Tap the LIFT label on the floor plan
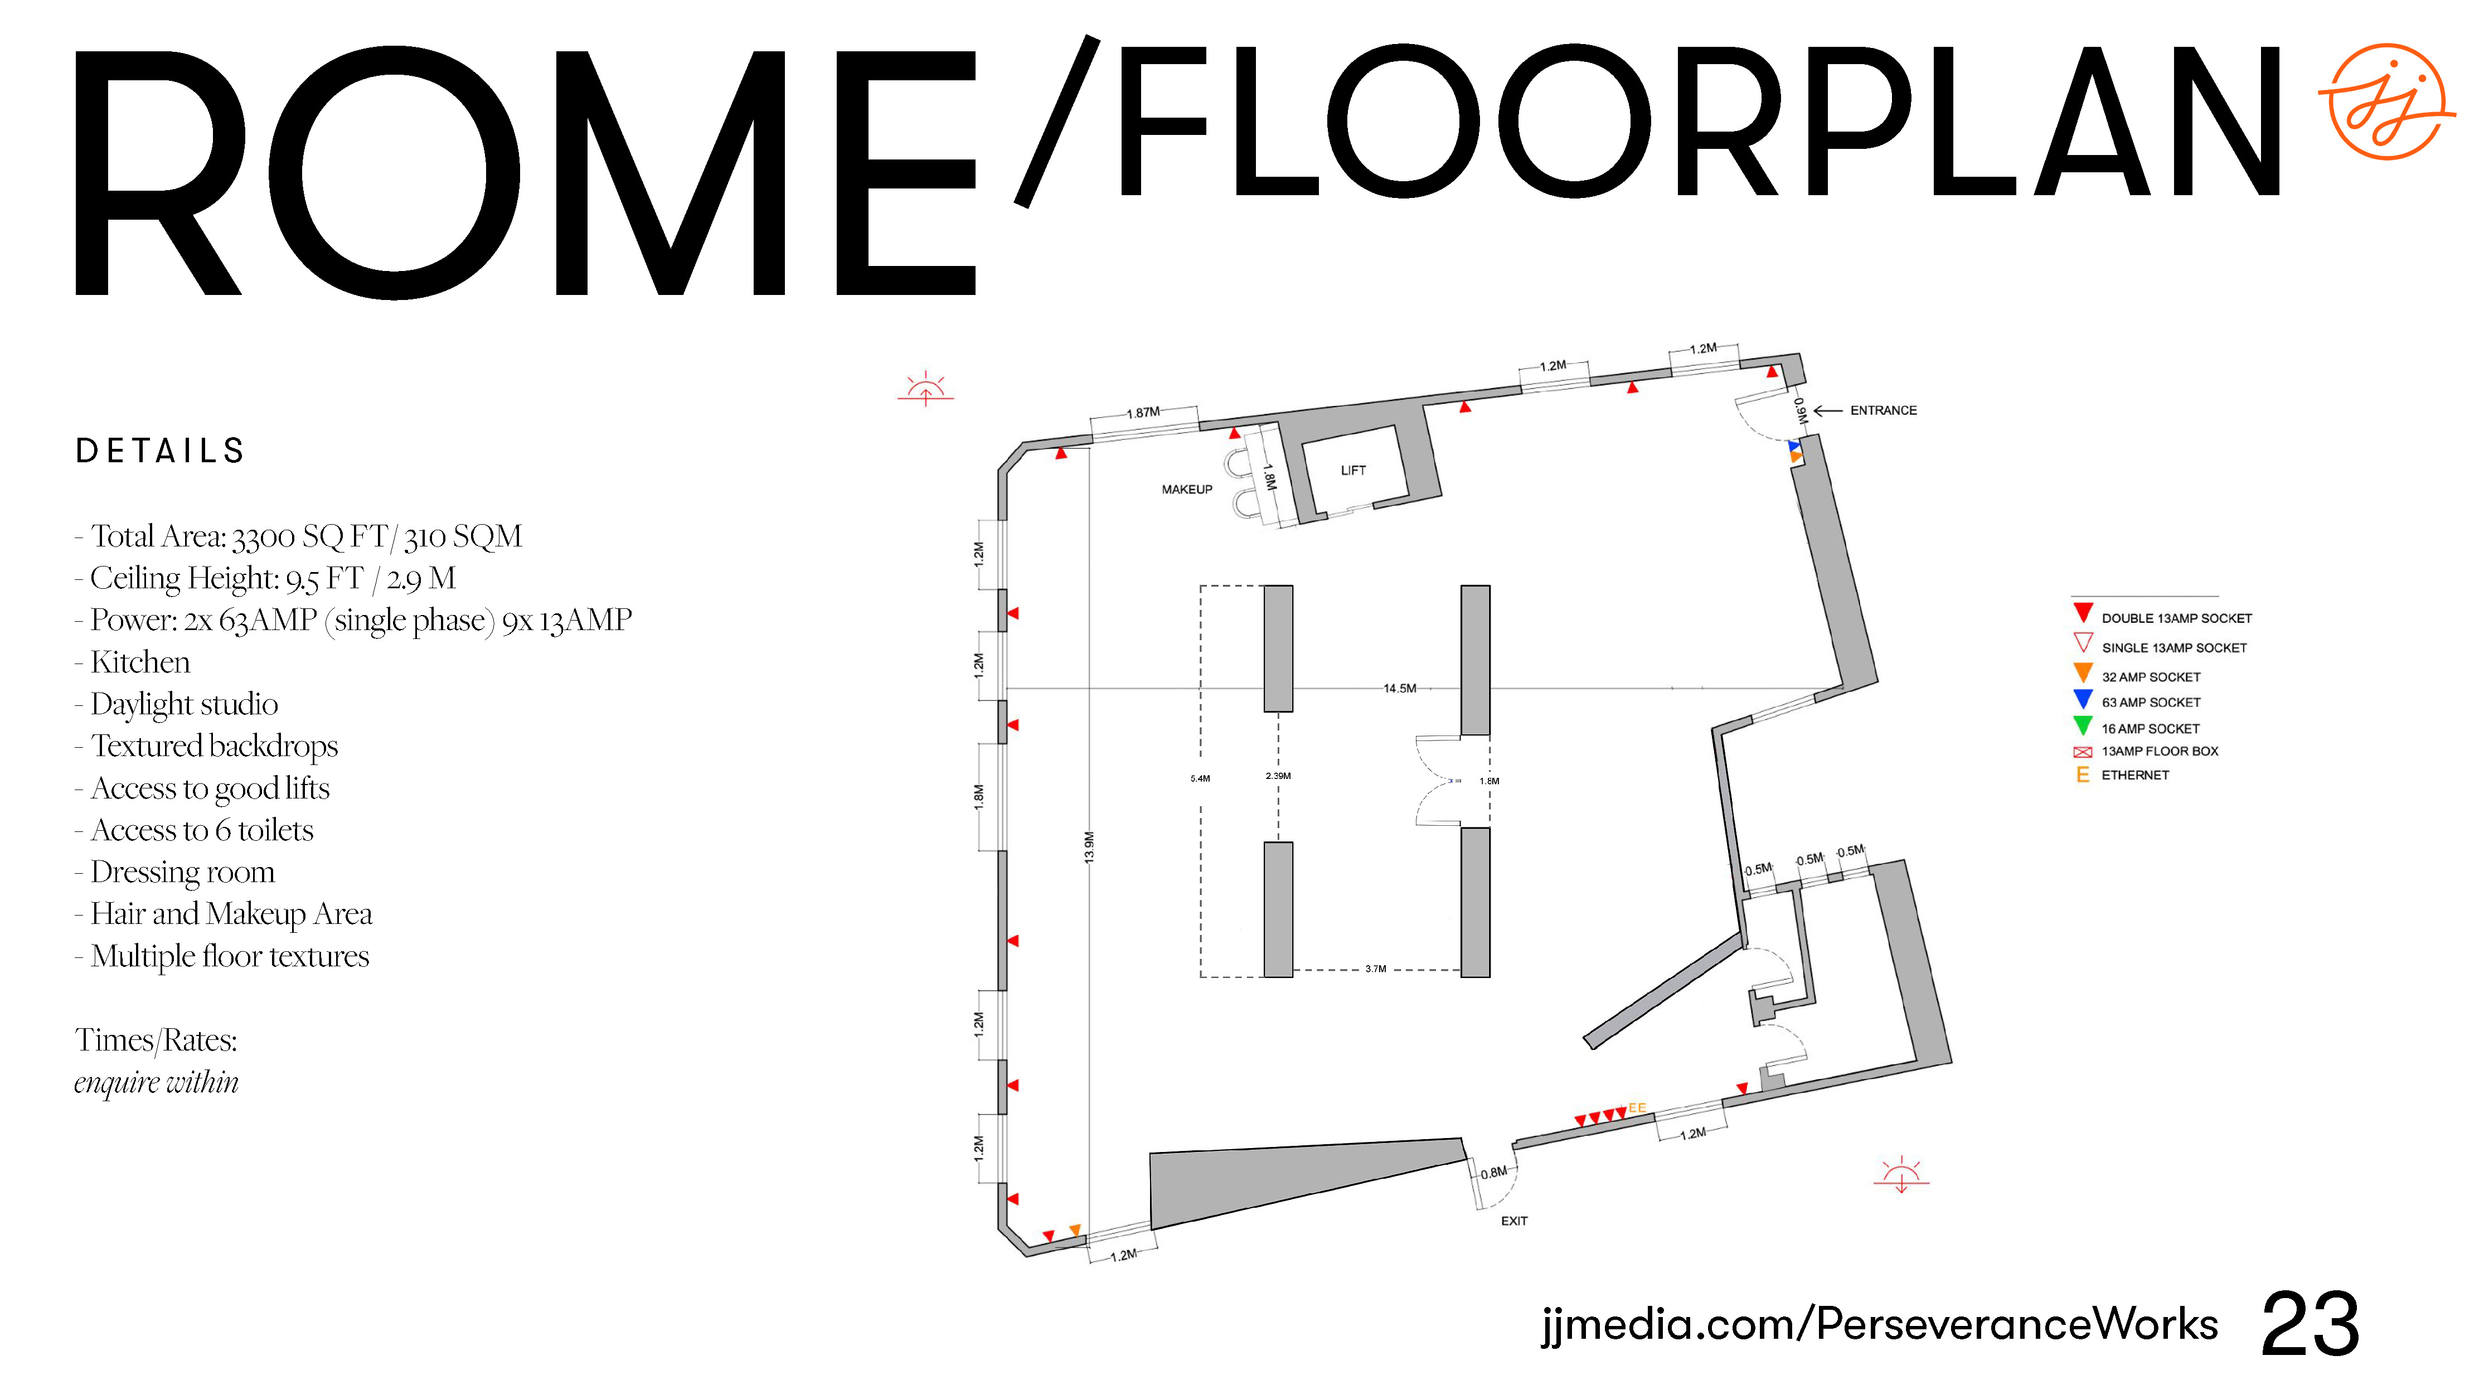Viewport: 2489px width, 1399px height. [1353, 471]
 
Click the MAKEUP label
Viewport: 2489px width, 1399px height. [1187, 490]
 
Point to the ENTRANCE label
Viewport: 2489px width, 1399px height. [1883, 410]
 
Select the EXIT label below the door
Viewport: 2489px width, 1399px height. [1514, 1221]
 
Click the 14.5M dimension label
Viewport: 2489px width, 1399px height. [1399, 689]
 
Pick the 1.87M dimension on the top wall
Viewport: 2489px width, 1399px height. [1143, 413]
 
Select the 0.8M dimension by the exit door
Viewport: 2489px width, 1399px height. [1494, 1173]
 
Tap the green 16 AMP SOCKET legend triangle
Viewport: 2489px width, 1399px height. [2083, 725]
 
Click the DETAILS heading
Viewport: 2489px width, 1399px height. [161, 451]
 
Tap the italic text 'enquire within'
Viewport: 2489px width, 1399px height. [157, 1082]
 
